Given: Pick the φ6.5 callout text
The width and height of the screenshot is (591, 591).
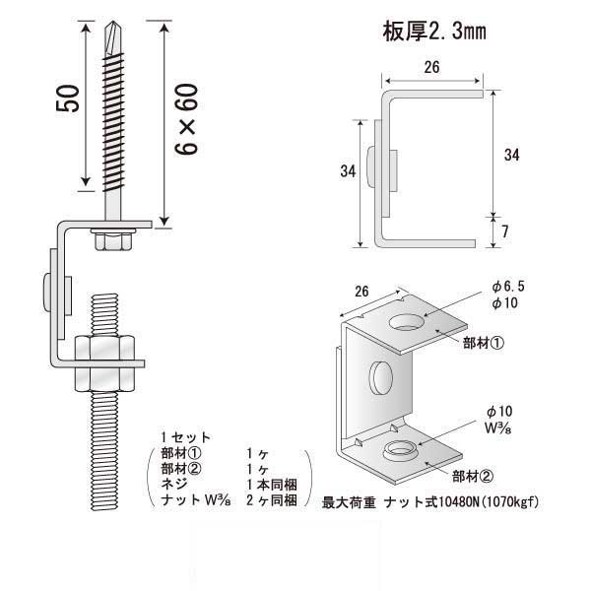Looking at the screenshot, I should pos(510,286).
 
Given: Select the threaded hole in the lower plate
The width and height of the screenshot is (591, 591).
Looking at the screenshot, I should pos(400,451).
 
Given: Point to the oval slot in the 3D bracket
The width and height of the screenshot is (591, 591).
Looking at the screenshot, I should pos(380,379).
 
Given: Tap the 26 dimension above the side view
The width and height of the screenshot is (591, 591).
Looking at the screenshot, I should pos(430,68).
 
